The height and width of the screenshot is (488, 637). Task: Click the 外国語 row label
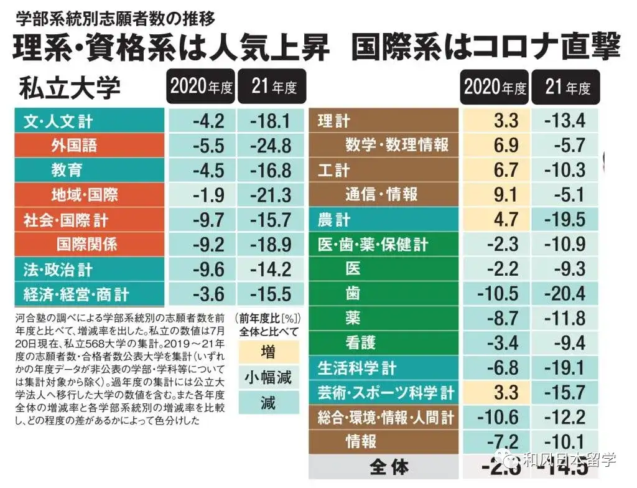point(74,146)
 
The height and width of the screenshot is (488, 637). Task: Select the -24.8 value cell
point(270,146)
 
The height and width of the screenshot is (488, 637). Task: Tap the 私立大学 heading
point(69,88)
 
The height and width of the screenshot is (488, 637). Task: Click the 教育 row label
point(67,170)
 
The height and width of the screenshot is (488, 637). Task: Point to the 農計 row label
point(334,220)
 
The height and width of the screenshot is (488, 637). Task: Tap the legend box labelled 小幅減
point(268,378)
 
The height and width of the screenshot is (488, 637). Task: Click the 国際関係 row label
point(86,244)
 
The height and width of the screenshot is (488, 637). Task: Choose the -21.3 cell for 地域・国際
point(270,195)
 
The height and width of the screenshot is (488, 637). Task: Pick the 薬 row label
point(353,318)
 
